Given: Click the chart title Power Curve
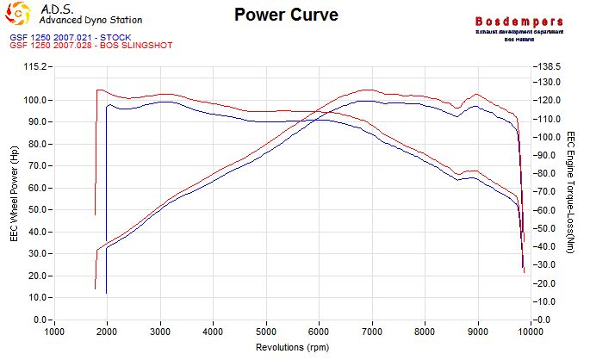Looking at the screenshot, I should coord(286,16).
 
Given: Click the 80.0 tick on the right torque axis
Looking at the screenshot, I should coord(548,156).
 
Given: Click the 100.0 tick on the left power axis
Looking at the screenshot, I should coord(35,100).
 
